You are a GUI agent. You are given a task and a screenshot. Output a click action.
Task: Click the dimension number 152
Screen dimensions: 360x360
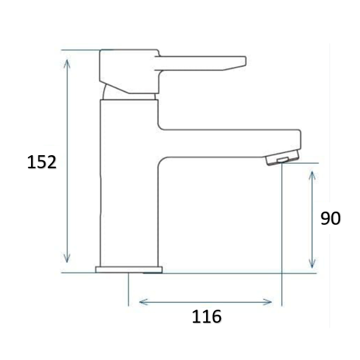tap(42, 162)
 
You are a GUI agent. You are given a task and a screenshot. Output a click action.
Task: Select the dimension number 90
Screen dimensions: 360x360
tap(330, 218)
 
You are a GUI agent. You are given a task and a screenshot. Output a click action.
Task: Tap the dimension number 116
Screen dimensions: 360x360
tap(207, 317)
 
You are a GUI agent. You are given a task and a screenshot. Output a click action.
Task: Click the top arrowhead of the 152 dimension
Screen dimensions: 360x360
tap(67, 63)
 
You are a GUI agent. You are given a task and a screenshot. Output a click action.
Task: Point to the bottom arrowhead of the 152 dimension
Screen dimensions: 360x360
tap(67, 258)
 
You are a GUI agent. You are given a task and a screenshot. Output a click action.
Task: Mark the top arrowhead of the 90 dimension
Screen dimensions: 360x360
tap(312, 176)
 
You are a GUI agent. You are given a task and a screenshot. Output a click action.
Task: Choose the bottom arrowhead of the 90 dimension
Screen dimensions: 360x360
tap(312, 264)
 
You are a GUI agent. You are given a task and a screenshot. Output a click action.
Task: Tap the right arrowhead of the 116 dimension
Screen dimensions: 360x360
tap(268, 302)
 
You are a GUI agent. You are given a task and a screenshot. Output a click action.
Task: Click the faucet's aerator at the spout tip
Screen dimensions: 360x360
tap(283, 158)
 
